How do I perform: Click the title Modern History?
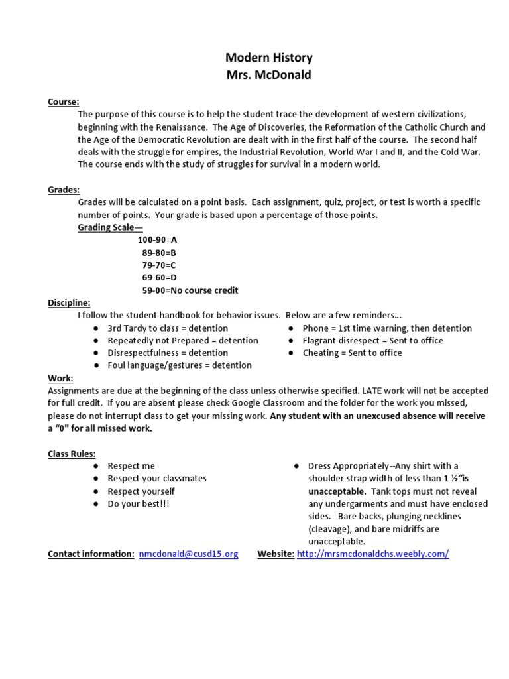tap(268, 58)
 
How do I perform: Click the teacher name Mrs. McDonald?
tap(268, 75)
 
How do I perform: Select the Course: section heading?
tap(64, 102)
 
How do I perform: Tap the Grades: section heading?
tap(64, 190)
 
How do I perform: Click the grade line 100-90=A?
tap(157, 240)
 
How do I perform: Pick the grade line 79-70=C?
tap(158, 265)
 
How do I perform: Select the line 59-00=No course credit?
tap(190, 290)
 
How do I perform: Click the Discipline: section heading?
tap(69, 303)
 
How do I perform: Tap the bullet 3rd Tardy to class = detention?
tap(167, 328)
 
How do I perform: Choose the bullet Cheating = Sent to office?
tap(352, 353)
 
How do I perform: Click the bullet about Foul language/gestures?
tap(179, 365)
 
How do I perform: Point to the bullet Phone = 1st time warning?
tap(387, 328)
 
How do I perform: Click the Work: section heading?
tap(60, 378)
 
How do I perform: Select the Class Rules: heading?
tap(72, 454)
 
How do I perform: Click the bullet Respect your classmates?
tap(157, 479)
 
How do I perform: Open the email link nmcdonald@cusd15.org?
tap(188, 554)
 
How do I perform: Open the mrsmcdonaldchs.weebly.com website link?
tap(372, 554)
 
